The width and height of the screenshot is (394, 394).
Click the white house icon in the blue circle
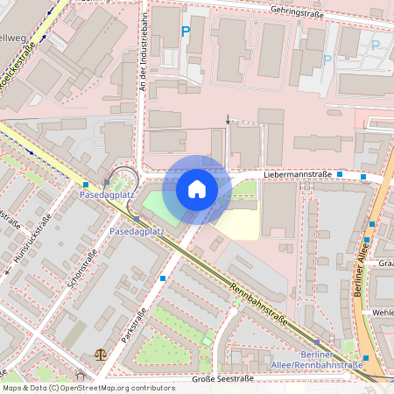[197, 189]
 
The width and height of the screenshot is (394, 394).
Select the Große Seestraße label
[223, 378]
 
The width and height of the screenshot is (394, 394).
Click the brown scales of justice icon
[99, 355]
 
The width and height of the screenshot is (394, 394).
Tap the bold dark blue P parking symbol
[185, 32]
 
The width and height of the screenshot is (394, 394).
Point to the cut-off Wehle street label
[383, 312]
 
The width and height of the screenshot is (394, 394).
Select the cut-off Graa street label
[385, 262]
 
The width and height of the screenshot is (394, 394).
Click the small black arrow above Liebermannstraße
[229, 119]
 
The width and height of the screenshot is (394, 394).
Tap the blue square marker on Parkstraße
[164, 278]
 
